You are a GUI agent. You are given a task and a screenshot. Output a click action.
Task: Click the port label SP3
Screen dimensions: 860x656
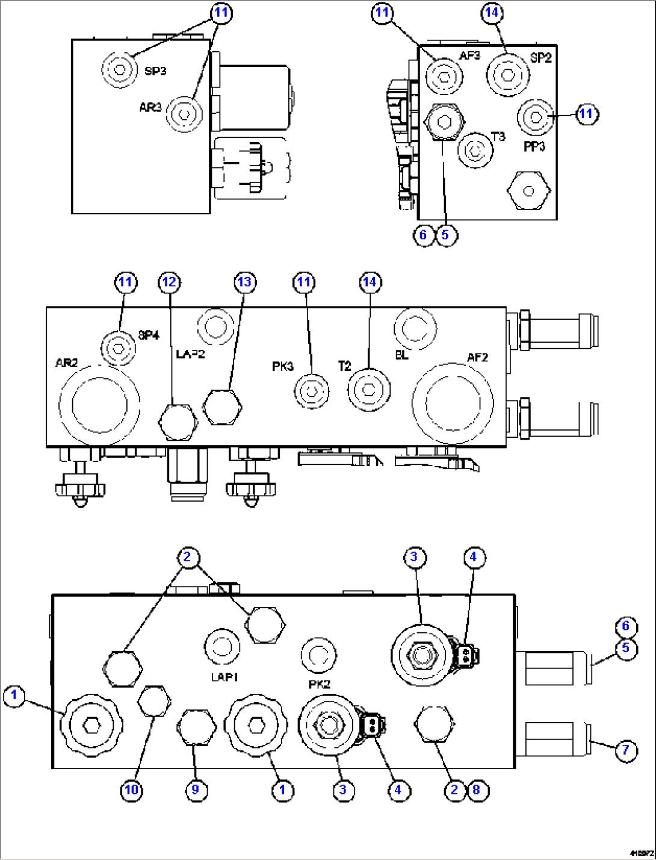click(x=155, y=71)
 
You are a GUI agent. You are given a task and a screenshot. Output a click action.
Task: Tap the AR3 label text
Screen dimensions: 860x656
click(x=150, y=108)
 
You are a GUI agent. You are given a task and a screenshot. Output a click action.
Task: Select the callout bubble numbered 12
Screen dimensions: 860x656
click(x=170, y=282)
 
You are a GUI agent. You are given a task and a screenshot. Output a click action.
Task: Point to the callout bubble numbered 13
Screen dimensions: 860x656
click(x=244, y=282)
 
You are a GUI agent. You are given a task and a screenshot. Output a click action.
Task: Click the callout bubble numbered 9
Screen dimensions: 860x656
click(x=195, y=790)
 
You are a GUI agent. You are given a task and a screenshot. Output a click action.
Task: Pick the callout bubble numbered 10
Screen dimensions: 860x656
click(x=132, y=790)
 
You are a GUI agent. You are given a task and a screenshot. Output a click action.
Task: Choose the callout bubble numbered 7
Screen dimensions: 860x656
click(x=626, y=750)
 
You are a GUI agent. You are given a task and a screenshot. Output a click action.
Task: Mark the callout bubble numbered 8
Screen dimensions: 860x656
click(x=477, y=790)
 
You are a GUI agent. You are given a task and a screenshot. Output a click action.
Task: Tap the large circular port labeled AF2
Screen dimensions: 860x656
click(x=453, y=402)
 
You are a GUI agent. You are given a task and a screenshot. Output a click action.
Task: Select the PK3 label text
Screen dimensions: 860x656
click(x=282, y=366)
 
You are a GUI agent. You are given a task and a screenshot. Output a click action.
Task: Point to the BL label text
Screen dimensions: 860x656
click(x=401, y=355)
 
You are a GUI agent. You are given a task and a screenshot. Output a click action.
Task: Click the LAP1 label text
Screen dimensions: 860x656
click(x=224, y=677)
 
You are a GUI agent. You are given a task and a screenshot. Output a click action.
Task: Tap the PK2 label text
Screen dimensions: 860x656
click(x=319, y=684)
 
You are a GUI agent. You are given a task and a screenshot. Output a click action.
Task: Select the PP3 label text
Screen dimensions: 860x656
click(x=534, y=146)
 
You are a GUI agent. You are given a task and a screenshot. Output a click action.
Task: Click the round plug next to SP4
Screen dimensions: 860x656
click(x=119, y=348)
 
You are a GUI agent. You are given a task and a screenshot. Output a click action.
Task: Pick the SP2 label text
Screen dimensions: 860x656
click(x=540, y=58)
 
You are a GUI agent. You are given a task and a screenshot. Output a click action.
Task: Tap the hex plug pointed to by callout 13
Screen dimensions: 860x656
click(x=222, y=407)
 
